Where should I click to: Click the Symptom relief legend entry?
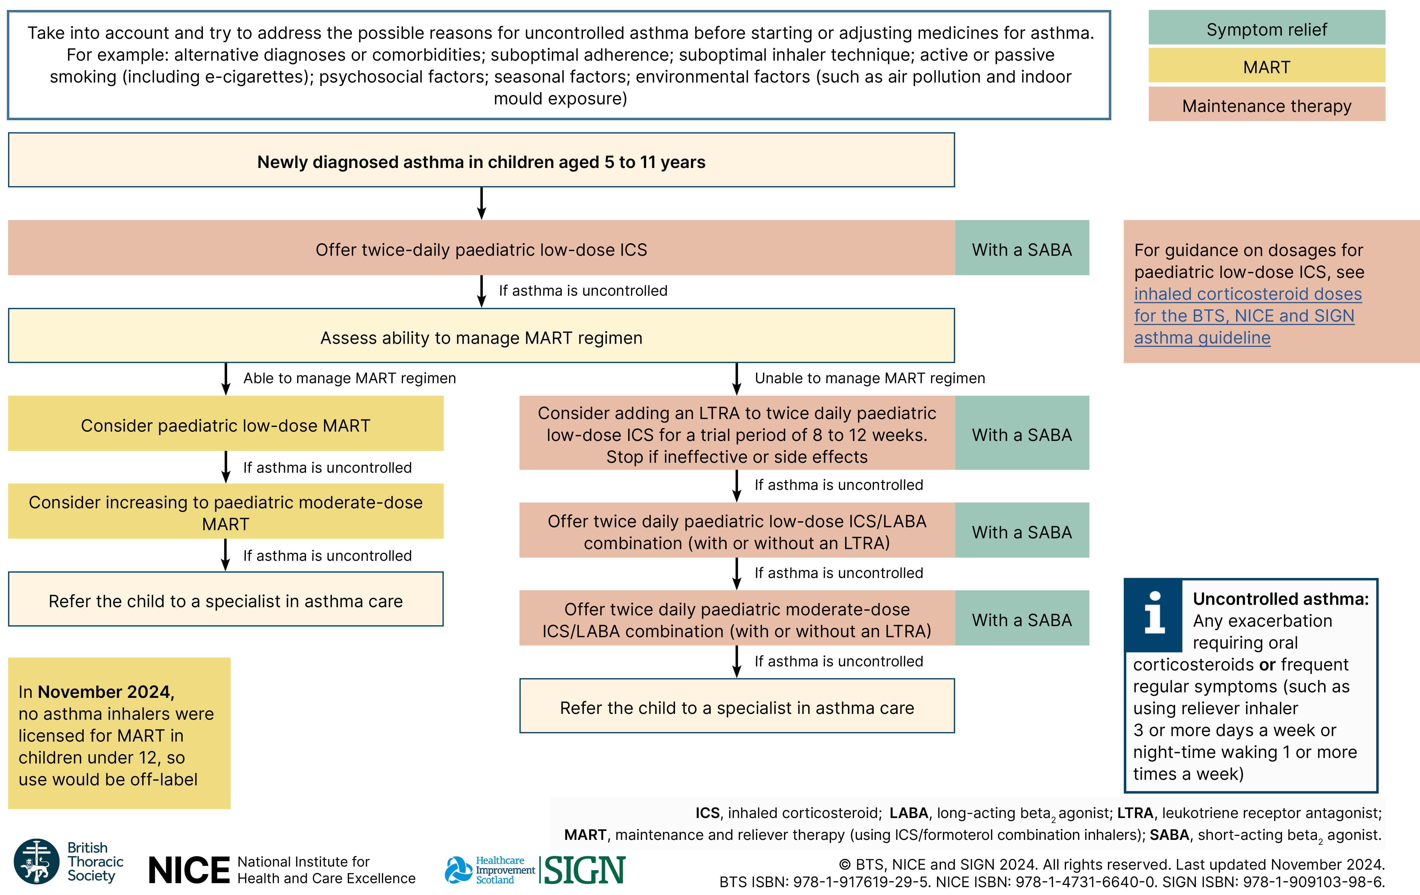coord(1266,29)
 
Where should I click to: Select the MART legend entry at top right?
coord(1266,67)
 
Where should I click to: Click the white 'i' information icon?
coord(1154,614)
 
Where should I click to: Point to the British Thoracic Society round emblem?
coord(36,861)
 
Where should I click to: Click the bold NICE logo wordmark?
coord(189,870)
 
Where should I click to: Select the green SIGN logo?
coord(584,870)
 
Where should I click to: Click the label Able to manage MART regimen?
coord(350,378)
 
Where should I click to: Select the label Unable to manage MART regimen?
coord(870,378)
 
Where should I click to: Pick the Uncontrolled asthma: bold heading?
coord(1280,599)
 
